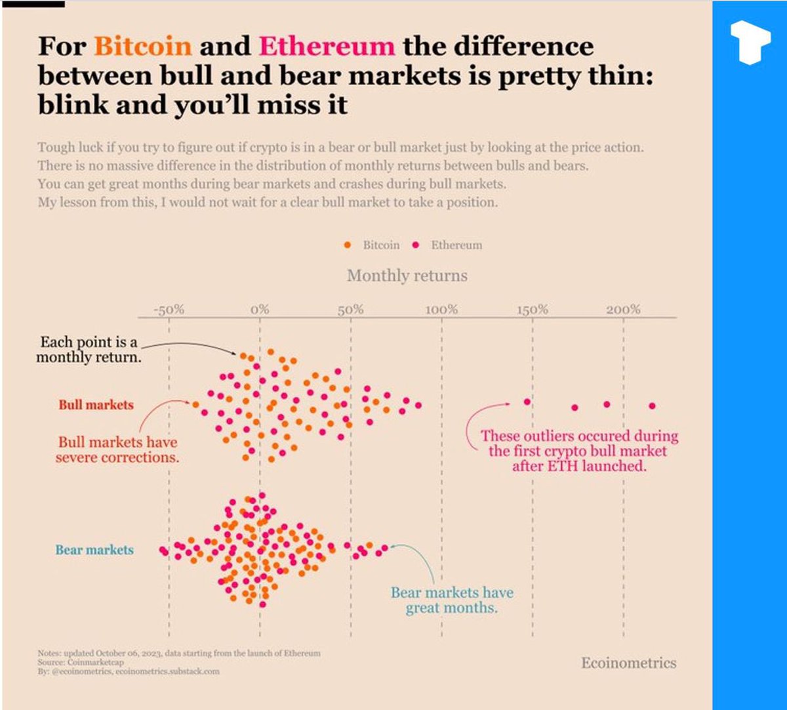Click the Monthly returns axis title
tap(407, 276)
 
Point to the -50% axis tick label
tap(169, 309)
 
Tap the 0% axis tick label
tap(260, 309)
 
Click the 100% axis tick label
tap(441, 309)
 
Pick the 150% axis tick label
tap(532, 309)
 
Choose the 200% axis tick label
tap(623, 309)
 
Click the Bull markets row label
tap(96, 405)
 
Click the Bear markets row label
tap(94, 550)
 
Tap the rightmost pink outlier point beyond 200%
tap(652, 406)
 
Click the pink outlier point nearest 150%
tap(527, 402)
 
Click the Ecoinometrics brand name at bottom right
tap(628, 663)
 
